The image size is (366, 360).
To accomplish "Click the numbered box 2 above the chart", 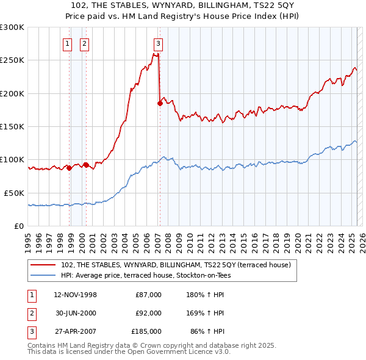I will tap(84, 43).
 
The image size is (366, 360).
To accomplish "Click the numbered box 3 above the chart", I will tap(158, 43).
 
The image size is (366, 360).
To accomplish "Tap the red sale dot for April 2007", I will tap(160, 104).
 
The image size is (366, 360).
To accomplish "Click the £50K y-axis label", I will tap(14, 193).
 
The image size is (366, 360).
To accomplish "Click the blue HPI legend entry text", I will tap(146, 275).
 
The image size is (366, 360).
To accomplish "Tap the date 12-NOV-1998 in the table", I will tap(75, 295).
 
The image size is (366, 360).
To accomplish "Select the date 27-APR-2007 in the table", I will tap(75, 331).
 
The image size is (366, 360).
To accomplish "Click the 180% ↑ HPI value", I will tap(206, 295).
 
